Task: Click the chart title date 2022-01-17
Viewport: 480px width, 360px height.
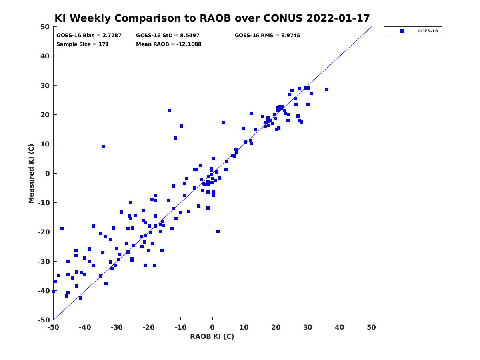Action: coord(338,18)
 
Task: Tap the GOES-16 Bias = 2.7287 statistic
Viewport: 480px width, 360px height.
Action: coord(89,36)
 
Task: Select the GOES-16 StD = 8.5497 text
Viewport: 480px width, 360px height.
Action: coord(168,36)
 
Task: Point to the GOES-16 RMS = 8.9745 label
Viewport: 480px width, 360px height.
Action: coord(267,36)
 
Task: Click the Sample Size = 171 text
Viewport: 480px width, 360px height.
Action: coord(82,44)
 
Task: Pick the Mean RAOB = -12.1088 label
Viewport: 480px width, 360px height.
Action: coord(169,44)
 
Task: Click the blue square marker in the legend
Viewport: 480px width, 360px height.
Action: coord(402,31)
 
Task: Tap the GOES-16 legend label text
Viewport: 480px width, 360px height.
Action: coord(428,31)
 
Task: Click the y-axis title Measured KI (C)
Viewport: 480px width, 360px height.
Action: coord(31,173)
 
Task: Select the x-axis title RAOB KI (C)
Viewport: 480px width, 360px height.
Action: coord(212,336)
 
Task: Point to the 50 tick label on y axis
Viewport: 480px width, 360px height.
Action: coord(45,27)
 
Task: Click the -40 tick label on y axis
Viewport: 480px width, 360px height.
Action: coord(44,291)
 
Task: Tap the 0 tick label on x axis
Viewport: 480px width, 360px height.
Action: coord(212,327)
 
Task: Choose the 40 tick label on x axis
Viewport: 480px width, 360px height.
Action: coord(339,327)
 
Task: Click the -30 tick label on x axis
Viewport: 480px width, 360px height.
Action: coord(117,327)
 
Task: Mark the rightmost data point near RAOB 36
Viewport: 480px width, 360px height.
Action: coord(326,90)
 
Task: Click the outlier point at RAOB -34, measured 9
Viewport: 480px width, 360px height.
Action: coord(104,147)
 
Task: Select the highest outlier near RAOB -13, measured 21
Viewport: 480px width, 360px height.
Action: coord(170,110)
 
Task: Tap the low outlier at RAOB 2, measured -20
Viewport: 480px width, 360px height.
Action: coord(218,231)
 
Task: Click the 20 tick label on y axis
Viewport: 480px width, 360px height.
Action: coord(45,115)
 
